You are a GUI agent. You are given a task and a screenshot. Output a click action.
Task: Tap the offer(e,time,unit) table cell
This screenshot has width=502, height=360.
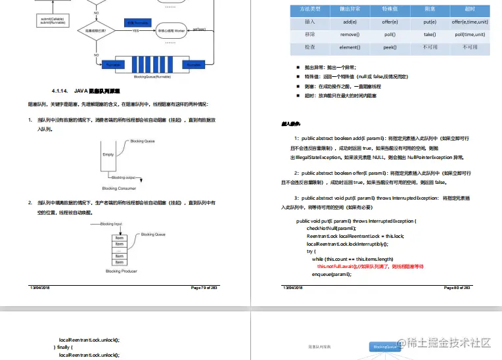(468, 22)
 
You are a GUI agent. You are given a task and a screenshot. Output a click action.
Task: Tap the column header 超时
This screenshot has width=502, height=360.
(469, 9)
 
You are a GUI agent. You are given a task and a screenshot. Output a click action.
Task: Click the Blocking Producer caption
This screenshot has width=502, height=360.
(122, 271)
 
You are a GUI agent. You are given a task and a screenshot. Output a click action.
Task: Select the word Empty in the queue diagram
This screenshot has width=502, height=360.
(108, 154)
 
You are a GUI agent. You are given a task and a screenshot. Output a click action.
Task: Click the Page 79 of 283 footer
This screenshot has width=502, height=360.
(207, 288)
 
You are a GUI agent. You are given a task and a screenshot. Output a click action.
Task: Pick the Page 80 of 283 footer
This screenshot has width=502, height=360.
(458, 288)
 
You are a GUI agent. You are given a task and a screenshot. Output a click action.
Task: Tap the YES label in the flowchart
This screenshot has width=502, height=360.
(135, 31)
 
